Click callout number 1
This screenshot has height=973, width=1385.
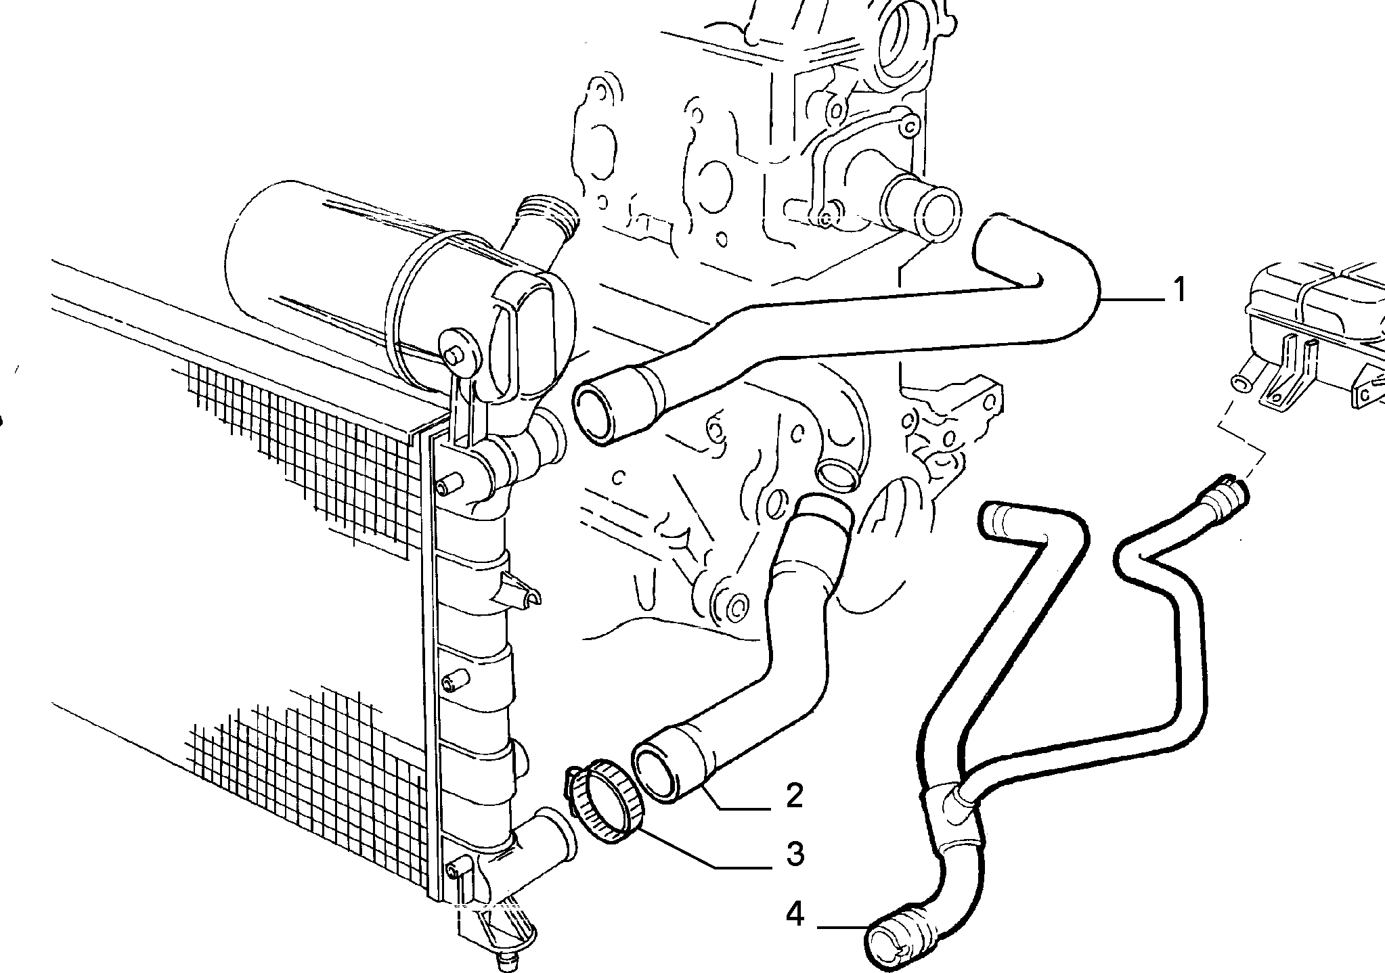(x=1179, y=290)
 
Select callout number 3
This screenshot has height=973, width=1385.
(x=795, y=853)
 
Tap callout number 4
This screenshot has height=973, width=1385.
(x=795, y=915)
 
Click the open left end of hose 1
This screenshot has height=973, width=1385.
(x=599, y=414)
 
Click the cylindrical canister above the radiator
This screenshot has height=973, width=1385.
(x=338, y=271)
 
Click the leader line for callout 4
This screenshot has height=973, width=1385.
(x=843, y=926)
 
